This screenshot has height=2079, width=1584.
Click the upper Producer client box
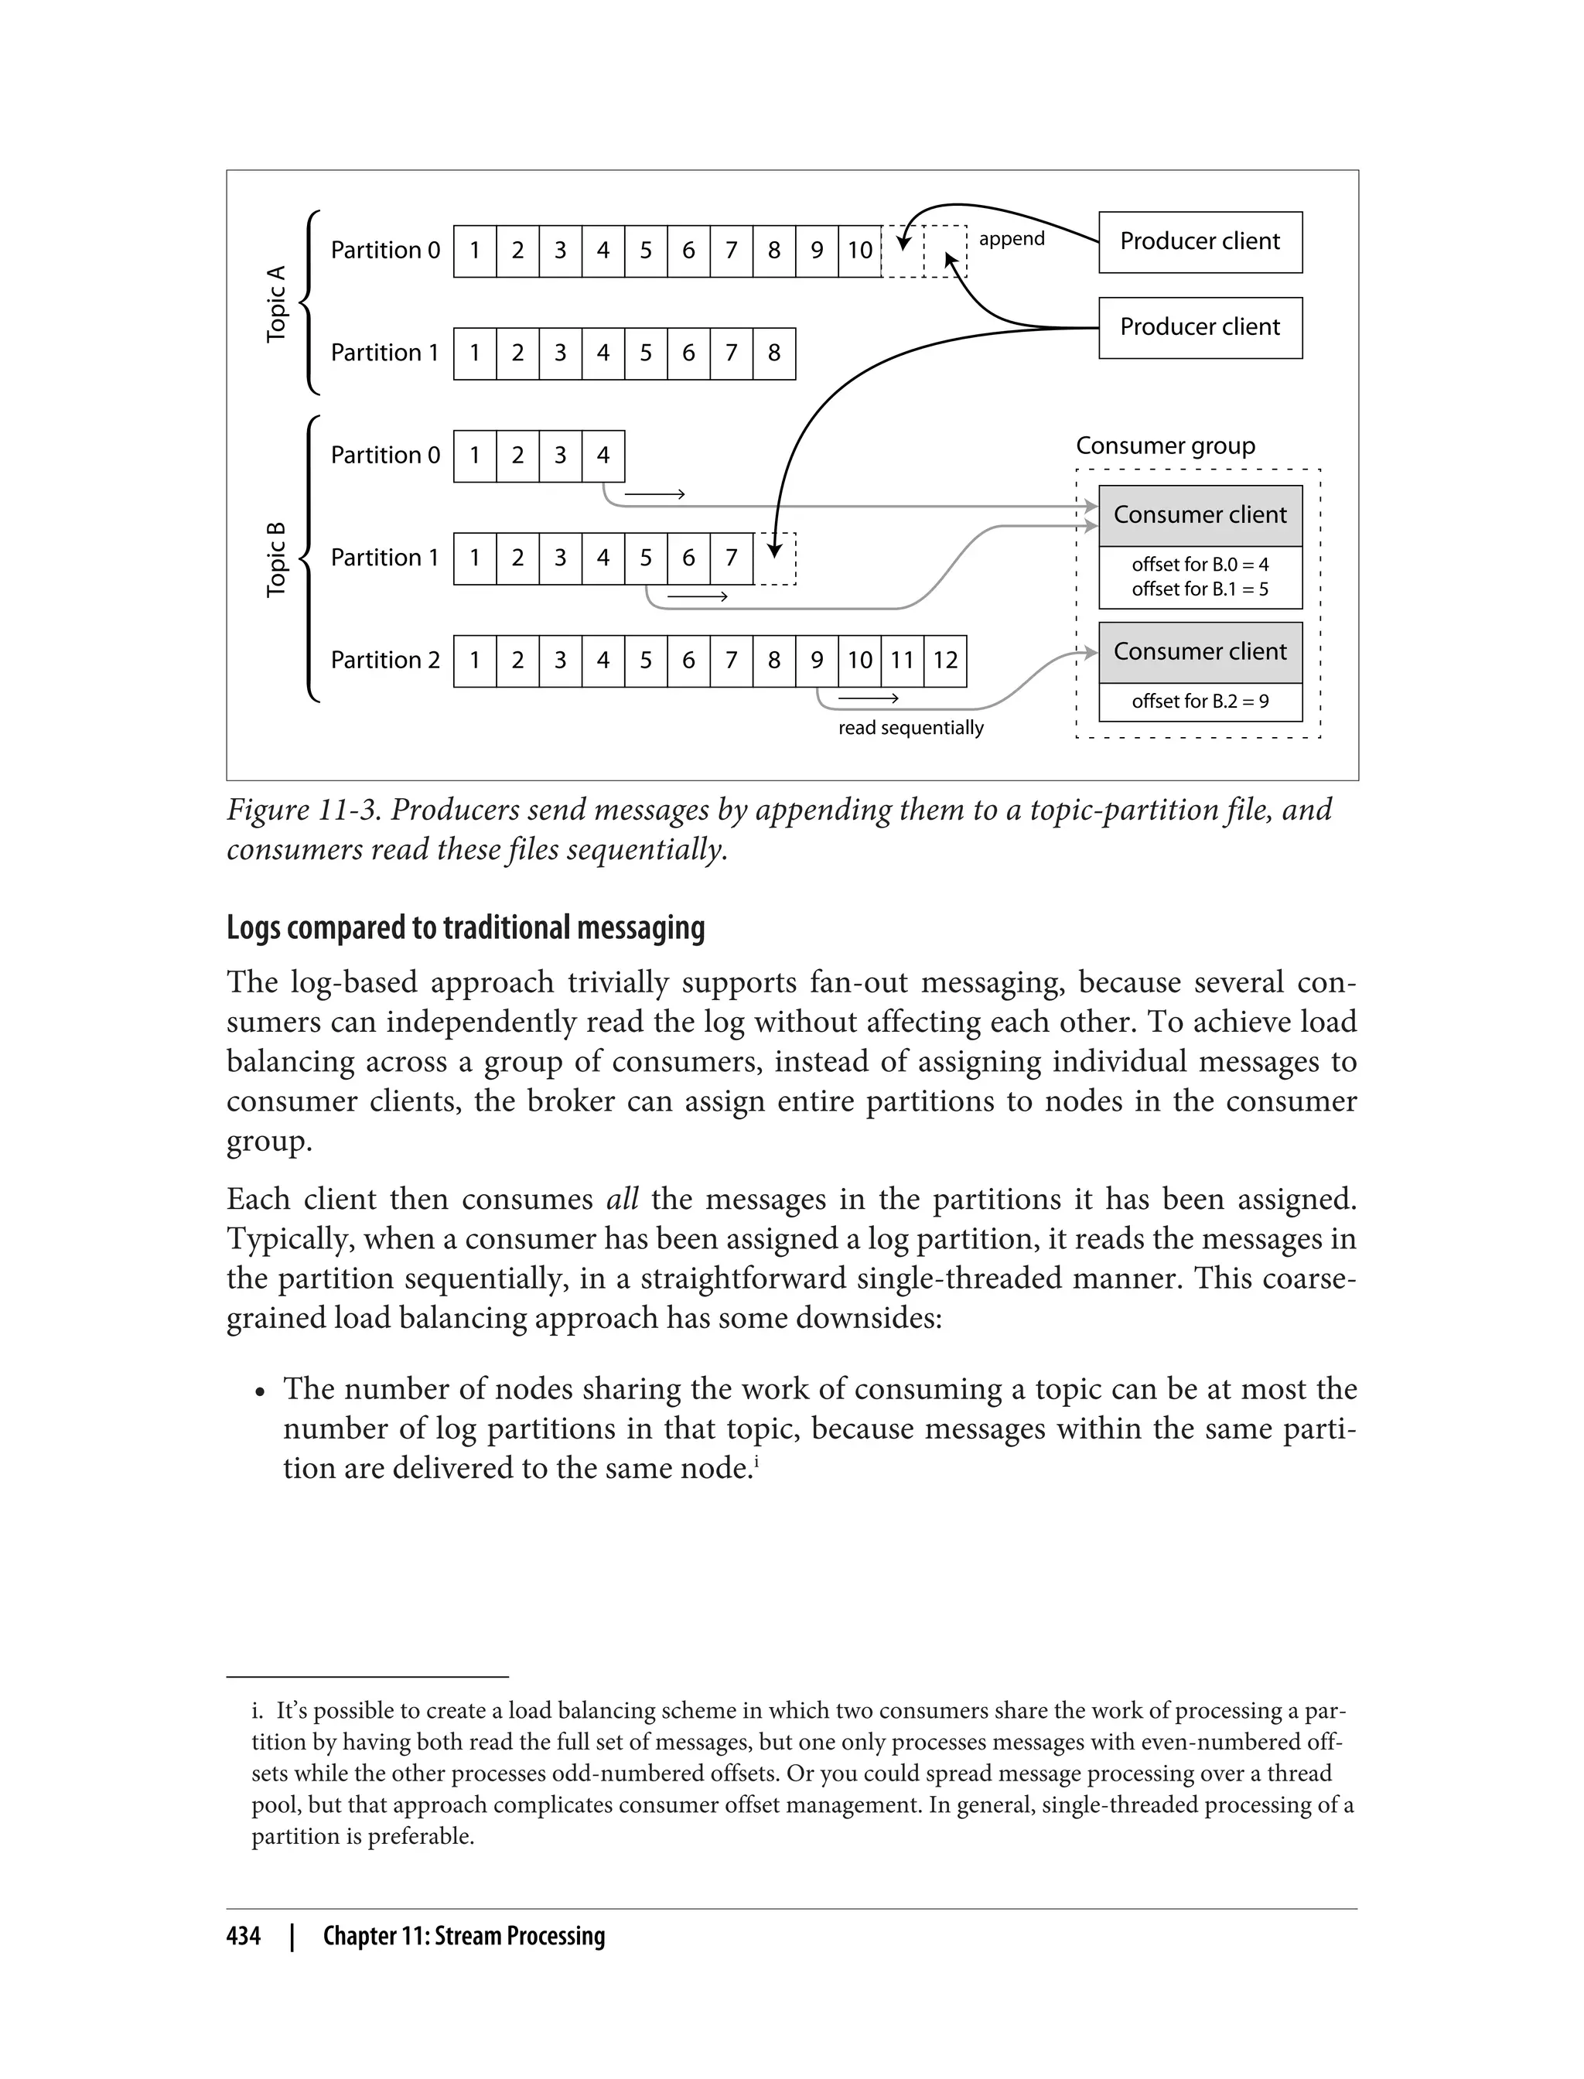pyautogui.click(x=1200, y=242)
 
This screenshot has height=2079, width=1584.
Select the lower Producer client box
pyautogui.click(x=1200, y=328)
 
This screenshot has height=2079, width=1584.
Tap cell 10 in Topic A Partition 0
pyautogui.click(x=859, y=251)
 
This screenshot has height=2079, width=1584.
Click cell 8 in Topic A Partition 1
pyautogui.click(x=773, y=353)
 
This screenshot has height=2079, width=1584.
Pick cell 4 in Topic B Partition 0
pyautogui.click(x=603, y=456)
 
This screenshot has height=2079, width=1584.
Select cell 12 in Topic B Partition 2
pyautogui.click(x=944, y=661)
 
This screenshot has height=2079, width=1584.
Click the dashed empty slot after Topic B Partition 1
pyautogui.click(x=775, y=559)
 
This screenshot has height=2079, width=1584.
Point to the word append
pyautogui.click(x=1011, y=238)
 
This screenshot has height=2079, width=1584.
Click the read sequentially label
pyautogui.click(x=910, y=728)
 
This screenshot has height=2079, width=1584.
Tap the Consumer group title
pyautogui.click(x=1165, y=446)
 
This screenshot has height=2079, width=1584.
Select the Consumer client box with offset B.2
pyautogui.click(x=1200, y=653)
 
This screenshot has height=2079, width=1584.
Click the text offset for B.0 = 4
pyautogui.click(x=1200, y=565)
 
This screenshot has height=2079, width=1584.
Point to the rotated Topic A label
pyautogui.click(x=276, y=304)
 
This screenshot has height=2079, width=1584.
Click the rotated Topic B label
pyautogui.click(x=276, y=559)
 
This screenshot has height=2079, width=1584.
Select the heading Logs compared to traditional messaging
pyautogui.click(x=465, y=928)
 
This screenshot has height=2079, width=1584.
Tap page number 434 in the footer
pyautogui.click(x=244, y=1936)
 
